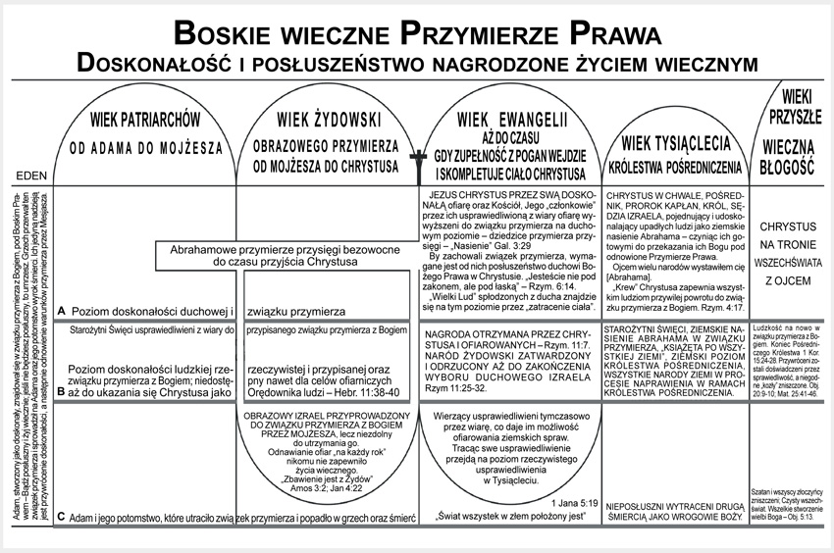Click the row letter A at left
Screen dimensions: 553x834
(62, 310)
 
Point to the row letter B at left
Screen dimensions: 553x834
(62, 390)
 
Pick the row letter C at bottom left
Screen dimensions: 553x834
(62, 516)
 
